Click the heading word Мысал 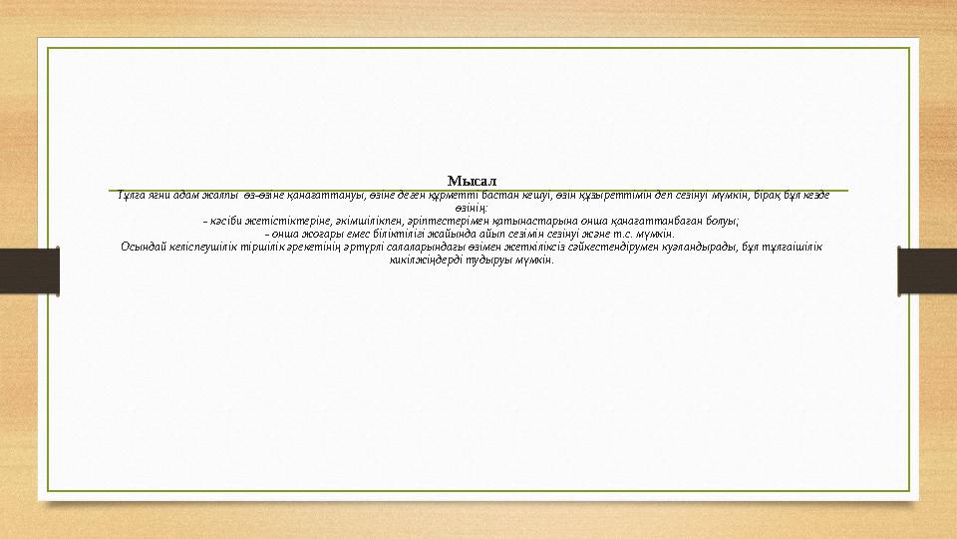[x=472, y=181]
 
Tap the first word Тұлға [x=130, y=195]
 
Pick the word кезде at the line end [x=814, y=195]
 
